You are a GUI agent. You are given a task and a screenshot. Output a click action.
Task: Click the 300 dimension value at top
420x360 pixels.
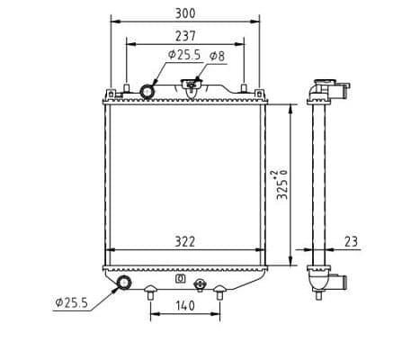point(185,13)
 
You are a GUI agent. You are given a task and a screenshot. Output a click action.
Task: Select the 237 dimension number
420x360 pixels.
point(185,36)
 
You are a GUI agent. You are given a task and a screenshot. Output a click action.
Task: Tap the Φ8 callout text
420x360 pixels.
point(217,56)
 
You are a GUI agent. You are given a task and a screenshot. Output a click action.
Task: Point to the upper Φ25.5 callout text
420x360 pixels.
point(184,55)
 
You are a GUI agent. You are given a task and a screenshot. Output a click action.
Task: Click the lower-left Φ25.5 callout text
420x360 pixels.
point(71,302)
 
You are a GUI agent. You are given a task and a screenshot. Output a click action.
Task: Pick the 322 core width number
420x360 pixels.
point(184,242)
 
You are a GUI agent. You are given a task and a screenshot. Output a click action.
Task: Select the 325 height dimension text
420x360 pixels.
point(282,184)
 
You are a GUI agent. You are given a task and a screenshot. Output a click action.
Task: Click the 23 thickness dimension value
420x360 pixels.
point(351,241)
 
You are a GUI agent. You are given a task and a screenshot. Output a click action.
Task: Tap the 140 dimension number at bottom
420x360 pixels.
point(185,306)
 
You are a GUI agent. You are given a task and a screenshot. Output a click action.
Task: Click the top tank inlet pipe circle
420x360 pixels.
point(147,92)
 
